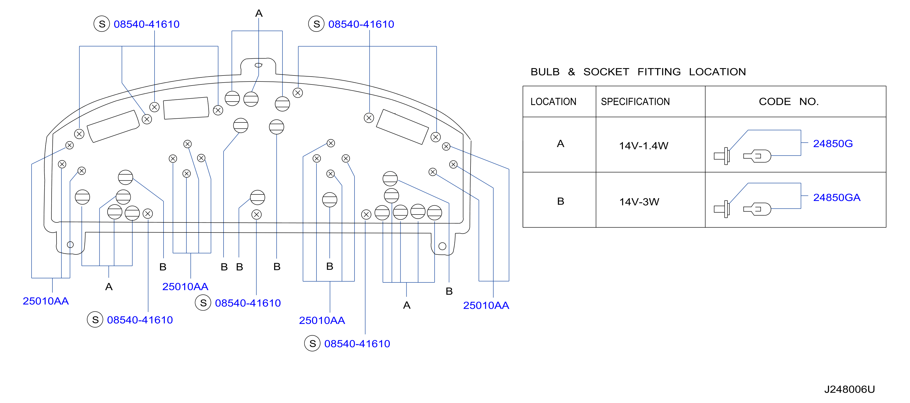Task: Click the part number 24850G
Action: pos(833,143)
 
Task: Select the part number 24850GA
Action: pos(837,197)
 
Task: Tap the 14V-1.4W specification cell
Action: pos(643,146)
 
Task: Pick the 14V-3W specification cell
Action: pos(639,202)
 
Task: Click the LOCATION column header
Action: pos(553,102)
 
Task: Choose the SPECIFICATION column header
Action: pos(635,102)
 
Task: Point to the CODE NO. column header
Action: pos(789,102)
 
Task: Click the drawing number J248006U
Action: pos(849,389)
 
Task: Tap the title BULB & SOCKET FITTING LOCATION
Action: pos(638,72)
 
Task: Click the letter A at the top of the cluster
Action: pos(259,13)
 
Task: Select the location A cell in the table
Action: pos(560,144)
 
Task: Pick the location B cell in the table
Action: pos(560,201)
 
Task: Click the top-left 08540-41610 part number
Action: pos(146,24)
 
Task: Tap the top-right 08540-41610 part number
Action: pos(361,24)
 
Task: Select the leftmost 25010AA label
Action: pos(46,301)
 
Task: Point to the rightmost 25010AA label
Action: pos(486,306)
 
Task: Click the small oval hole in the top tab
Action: pos(259,65)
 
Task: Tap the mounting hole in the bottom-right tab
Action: pos(442,246)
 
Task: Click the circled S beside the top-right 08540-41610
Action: pos(316,24)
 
